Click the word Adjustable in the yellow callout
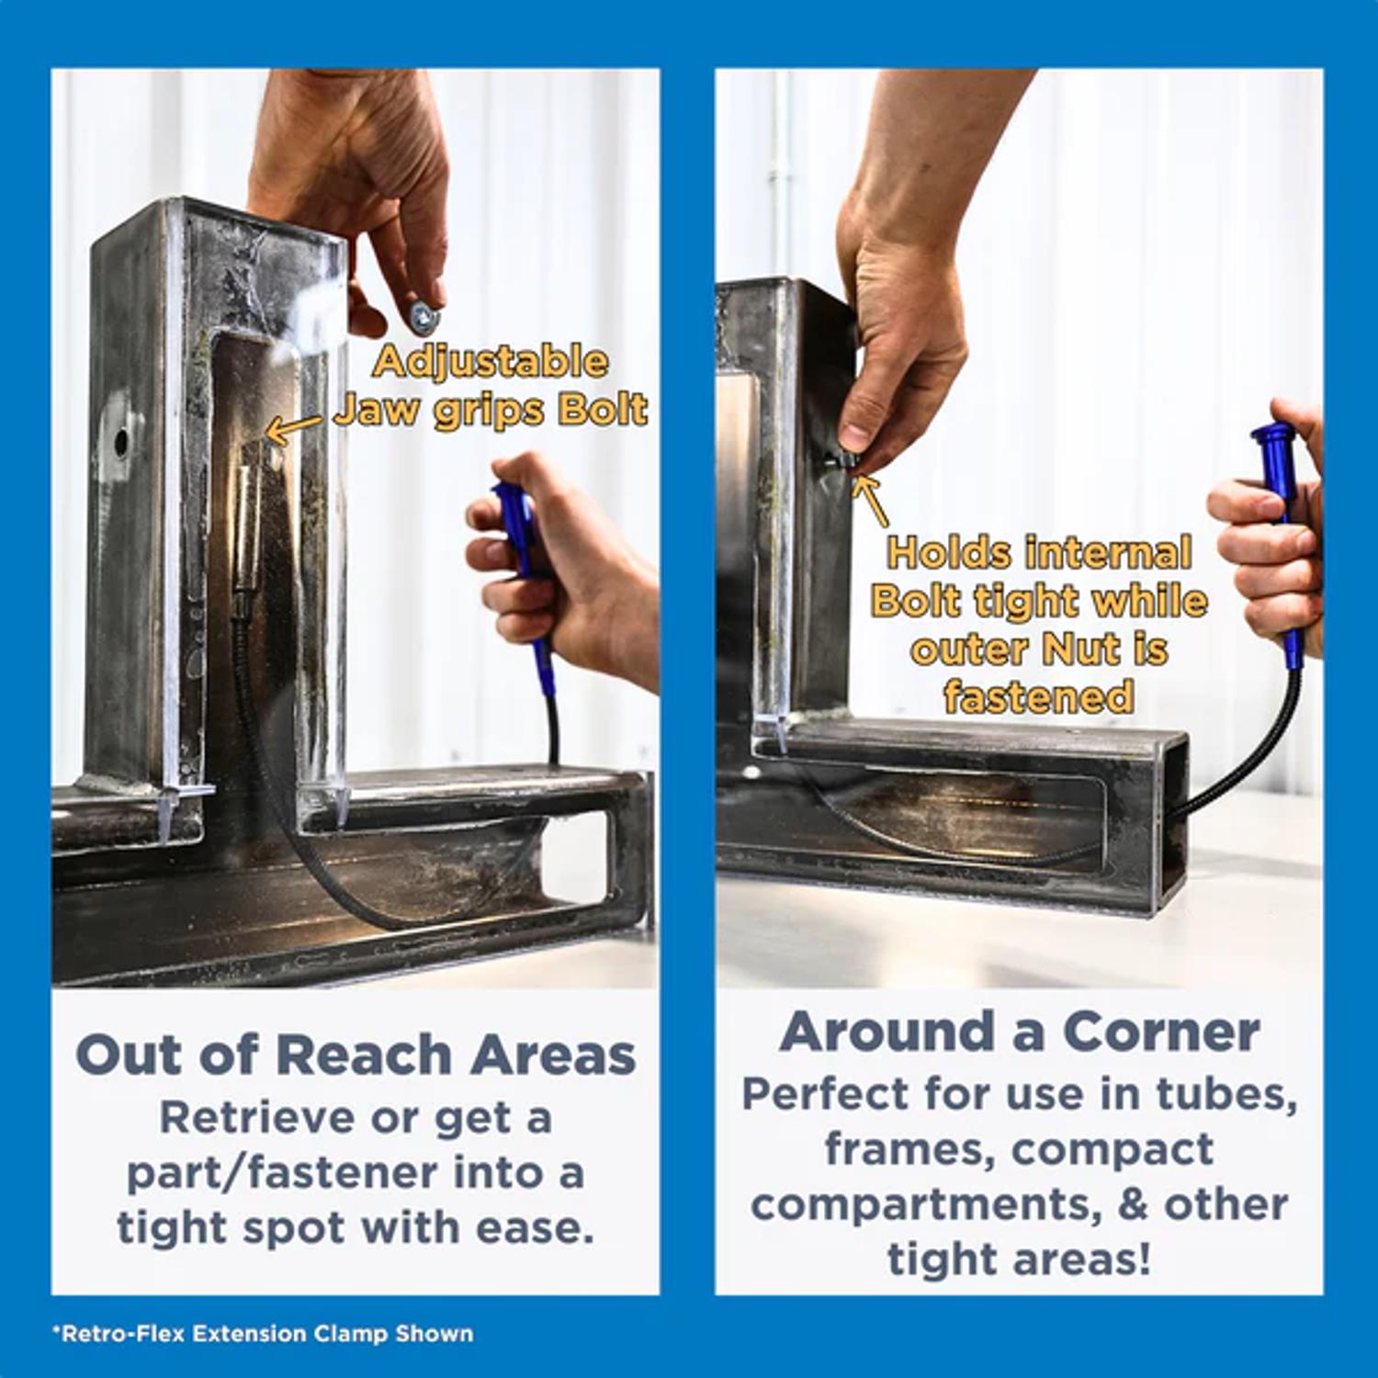tap(491, 361)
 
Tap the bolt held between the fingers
tap(424, 317)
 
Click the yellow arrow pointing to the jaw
tap(293, 427)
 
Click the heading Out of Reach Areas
tap(356, 1054)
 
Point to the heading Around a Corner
tap(1019, 1032)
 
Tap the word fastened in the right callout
tap(1038, 697)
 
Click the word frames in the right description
tap(909, 1150)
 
